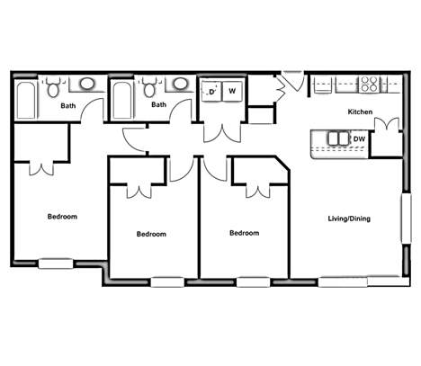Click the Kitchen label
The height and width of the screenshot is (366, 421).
click(360, 112)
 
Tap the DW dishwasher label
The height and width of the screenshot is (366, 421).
click(358, 138)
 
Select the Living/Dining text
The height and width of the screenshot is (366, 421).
click(348, 219)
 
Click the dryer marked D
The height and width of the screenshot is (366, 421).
click(212, 91)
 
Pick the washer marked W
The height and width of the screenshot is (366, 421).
click(232, 91)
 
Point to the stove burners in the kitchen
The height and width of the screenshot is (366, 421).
click(370, 85)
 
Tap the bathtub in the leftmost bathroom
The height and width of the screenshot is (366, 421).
click(26, 99)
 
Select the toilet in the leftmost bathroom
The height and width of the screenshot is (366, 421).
click(55, 88)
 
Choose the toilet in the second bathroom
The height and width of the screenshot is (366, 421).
click(149, 88)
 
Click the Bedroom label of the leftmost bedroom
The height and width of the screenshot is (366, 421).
click(62, 217)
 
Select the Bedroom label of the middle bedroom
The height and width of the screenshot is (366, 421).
click(151, 234)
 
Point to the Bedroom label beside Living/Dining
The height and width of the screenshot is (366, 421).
click(244, 233)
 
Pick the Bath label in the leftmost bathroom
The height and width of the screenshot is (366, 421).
click(68, 106)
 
